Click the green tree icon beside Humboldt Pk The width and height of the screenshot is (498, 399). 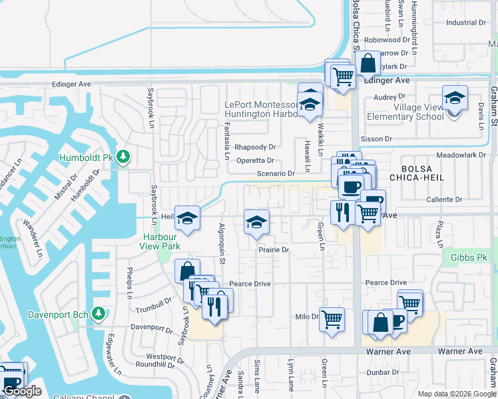pyautogui.click(x=123, y=157)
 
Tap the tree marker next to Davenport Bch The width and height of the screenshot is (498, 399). pyautogui.click(x=99, y=313)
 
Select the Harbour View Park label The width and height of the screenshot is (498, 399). pyautogui.click(x=160, y=241)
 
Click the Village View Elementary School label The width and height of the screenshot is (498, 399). pyautogui.click(x=409, y=112)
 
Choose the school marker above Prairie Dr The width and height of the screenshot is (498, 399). pyautogui.click(x=256, y=223)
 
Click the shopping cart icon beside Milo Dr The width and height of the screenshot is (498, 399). pyautogui.click(x=331, y=318)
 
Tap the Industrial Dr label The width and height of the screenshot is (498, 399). pyautogui.click(x=466, y=23)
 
